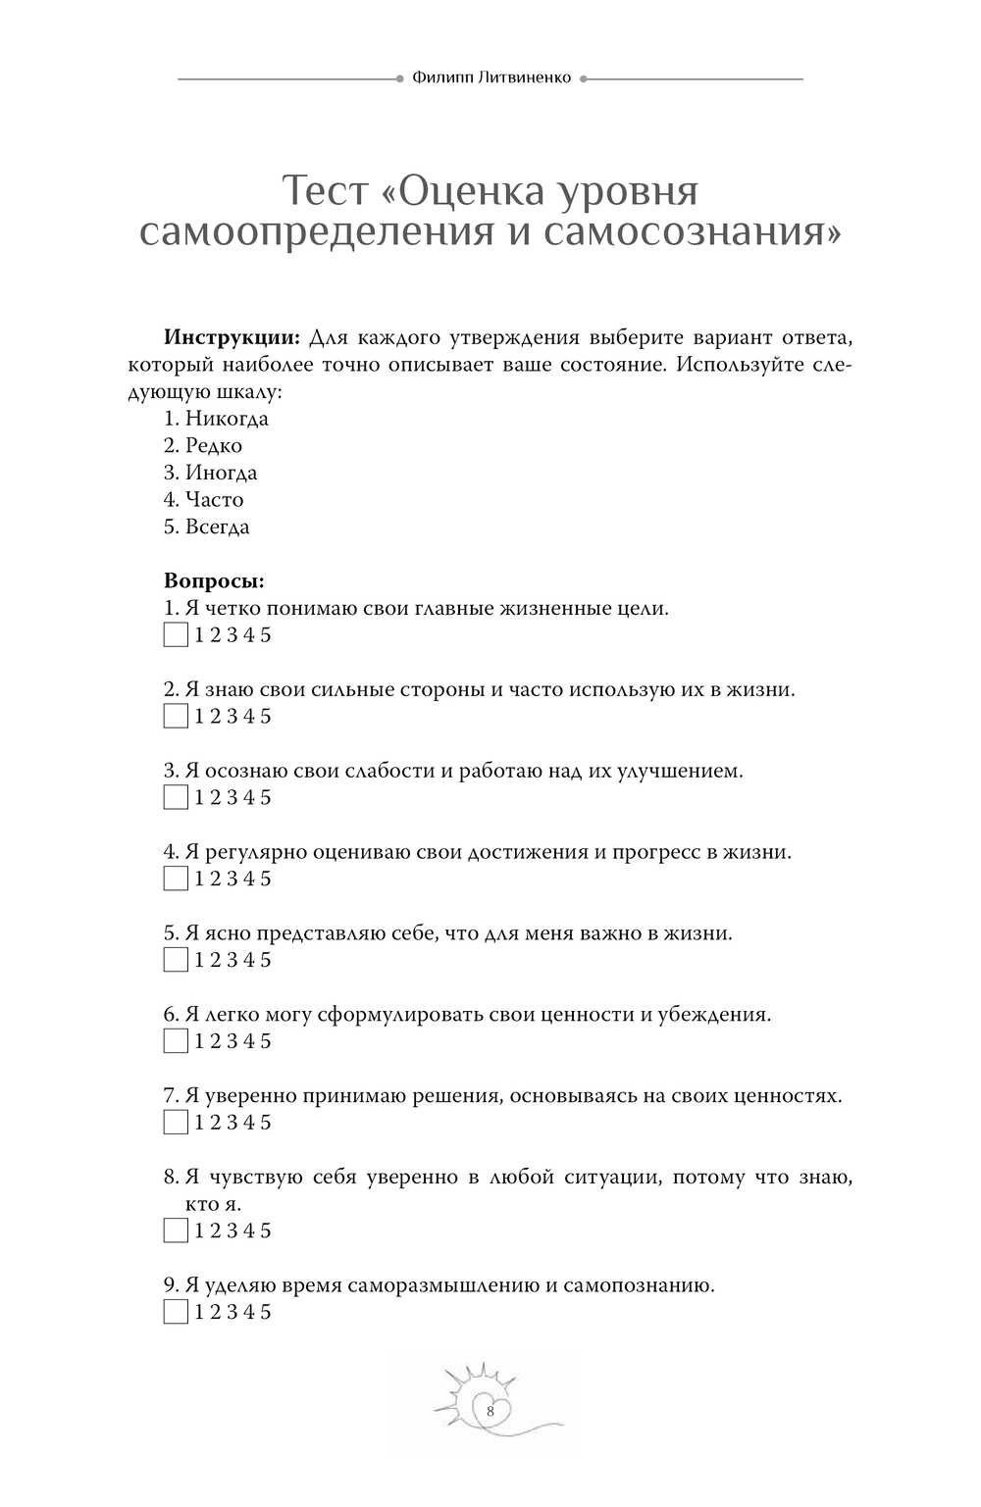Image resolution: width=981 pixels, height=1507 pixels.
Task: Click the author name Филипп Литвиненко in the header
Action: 490,78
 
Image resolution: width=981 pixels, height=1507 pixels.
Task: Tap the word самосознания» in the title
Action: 691,233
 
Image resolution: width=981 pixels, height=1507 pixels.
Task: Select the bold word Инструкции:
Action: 232,338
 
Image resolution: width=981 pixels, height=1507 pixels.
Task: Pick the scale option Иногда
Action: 221,473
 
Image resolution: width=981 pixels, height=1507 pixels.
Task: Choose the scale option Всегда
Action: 217,527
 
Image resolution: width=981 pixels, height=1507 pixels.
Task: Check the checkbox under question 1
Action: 176,635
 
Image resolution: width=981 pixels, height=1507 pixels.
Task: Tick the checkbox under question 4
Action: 176,879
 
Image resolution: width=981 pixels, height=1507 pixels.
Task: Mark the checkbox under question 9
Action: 176,1312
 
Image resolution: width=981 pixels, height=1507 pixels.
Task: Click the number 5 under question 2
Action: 266,717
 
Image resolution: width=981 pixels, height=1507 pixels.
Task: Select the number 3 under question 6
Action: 232,1041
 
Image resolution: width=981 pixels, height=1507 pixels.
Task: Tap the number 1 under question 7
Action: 199,1123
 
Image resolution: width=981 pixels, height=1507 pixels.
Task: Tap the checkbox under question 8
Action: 176,1231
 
